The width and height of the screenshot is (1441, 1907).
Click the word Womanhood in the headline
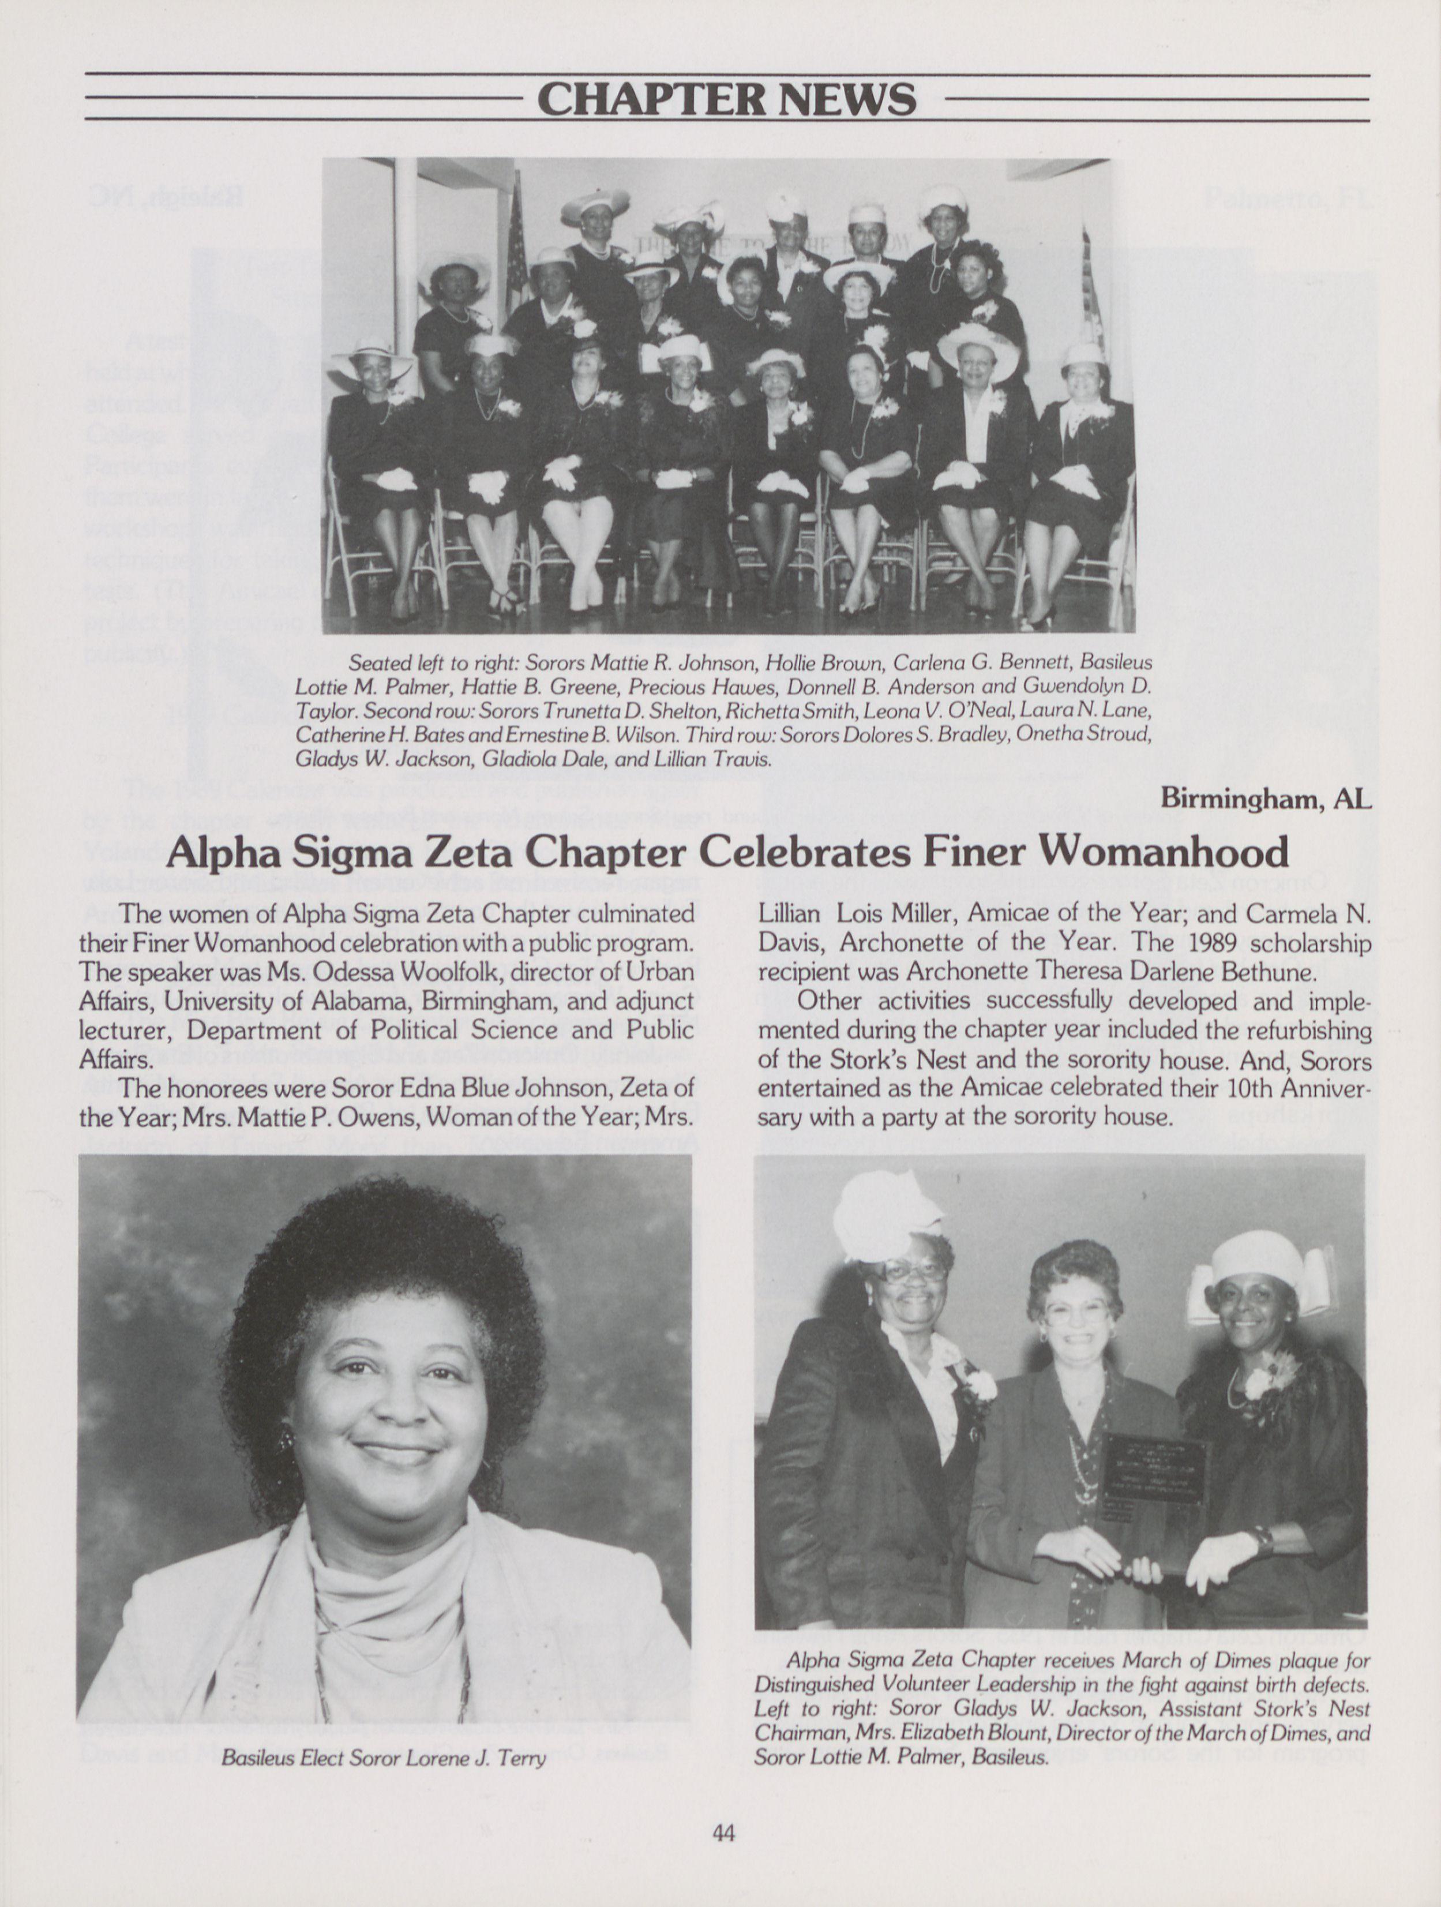(1164, 852)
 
